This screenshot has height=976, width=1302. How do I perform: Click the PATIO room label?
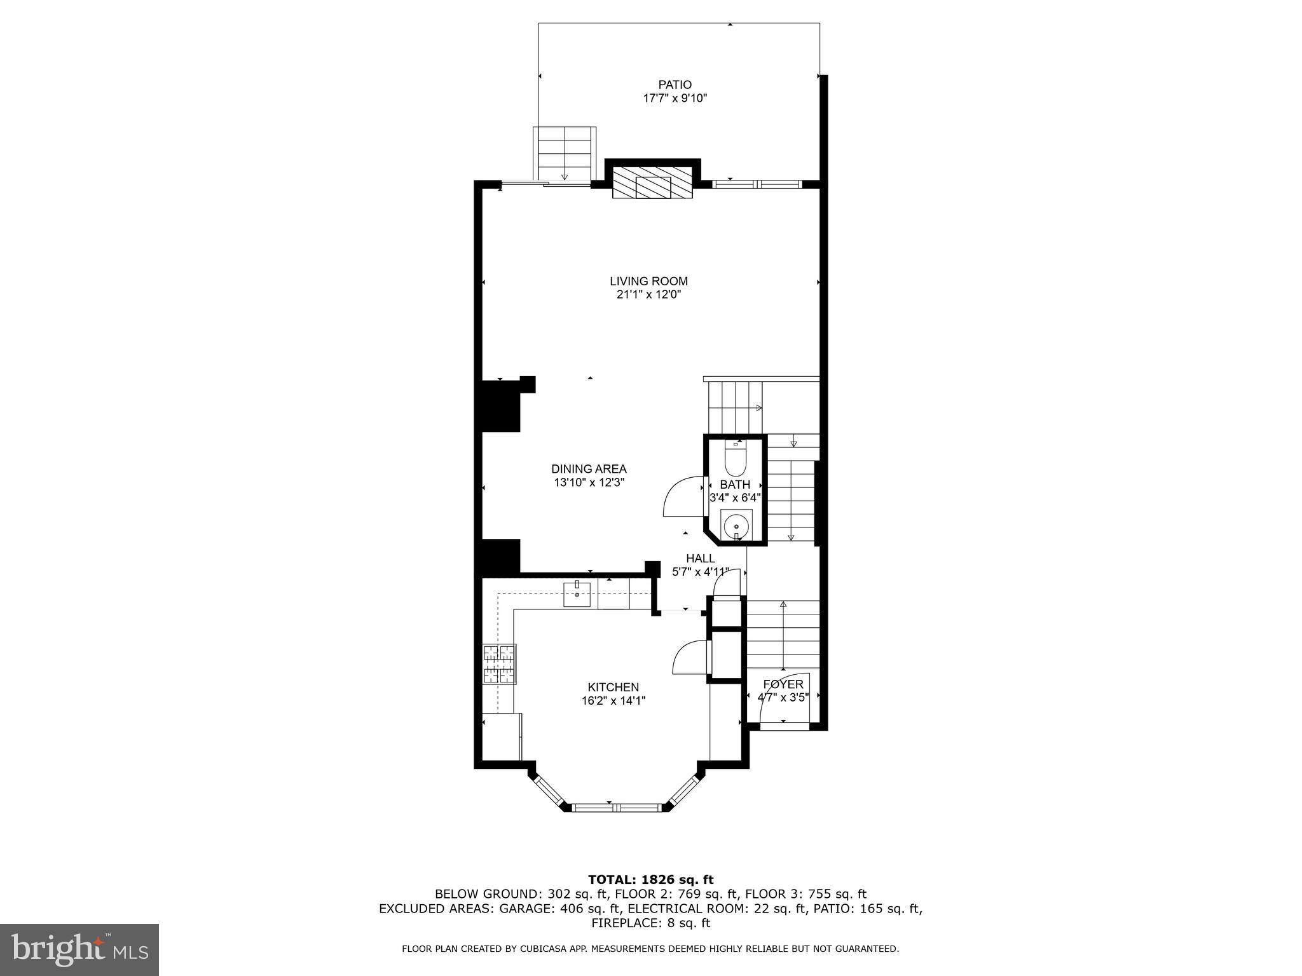tap(675, 85)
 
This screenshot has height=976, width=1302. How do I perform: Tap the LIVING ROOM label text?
tap(648, 281)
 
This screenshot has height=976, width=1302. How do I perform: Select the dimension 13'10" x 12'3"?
tap(589, 482)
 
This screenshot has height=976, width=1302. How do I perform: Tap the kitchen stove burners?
tap(499, 664)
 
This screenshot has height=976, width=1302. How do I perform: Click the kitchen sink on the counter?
tap(577, 595)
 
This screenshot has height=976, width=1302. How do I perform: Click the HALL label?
tap(700, 558)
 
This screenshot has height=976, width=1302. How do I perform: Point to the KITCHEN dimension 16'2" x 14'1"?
tap(613, 701)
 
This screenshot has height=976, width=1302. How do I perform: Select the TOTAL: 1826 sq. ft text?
tap(650, 880)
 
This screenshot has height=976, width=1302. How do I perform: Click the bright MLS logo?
tap(79, 950)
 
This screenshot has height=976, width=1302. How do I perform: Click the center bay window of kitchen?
tap(617, 808)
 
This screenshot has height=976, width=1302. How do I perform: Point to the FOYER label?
tap(783, 684)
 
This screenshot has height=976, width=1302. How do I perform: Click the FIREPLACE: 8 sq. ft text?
tap(650, 923)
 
